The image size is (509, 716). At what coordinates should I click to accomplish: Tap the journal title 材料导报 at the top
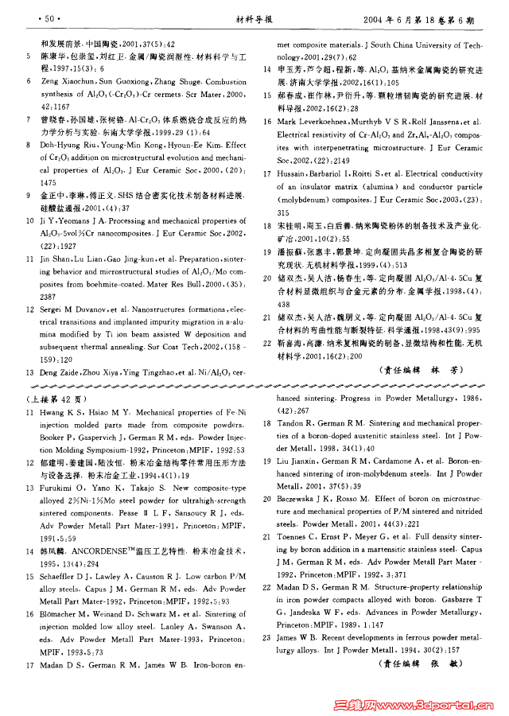253,17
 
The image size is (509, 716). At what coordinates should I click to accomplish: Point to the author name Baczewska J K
305,500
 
